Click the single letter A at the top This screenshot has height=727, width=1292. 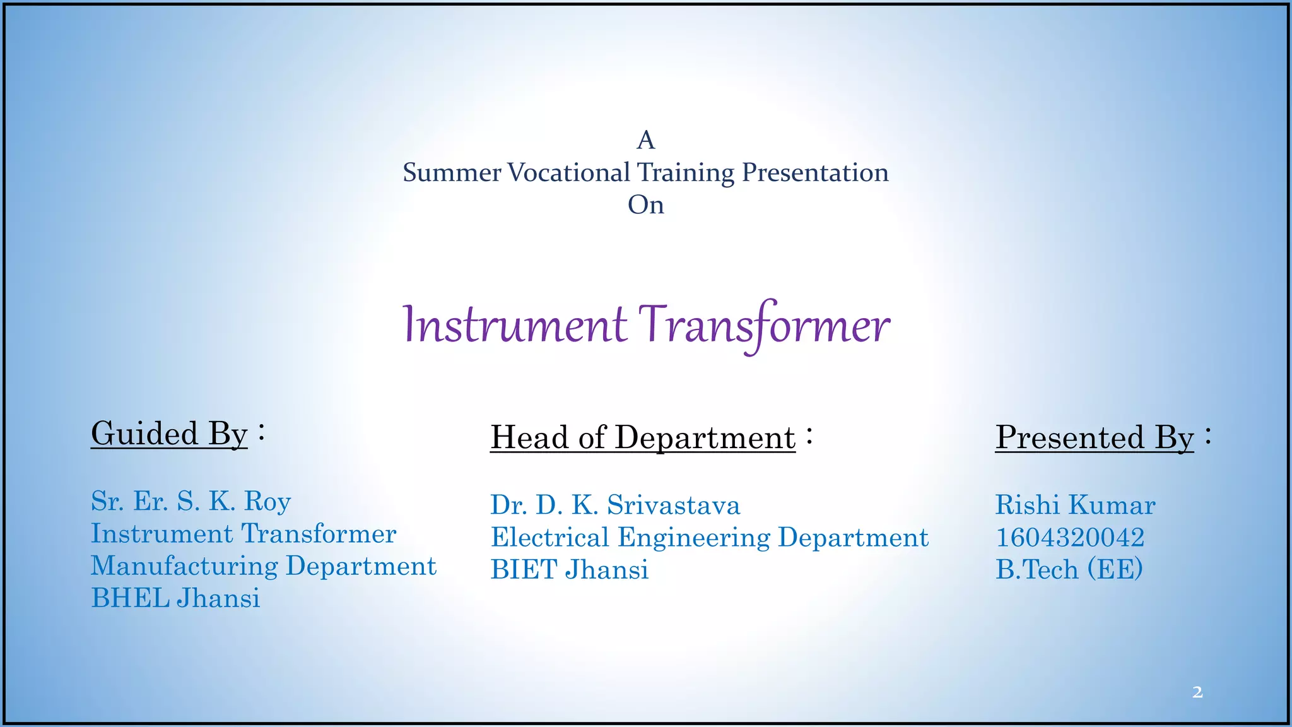pos(645,140)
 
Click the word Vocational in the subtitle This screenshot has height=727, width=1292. pos(568,173)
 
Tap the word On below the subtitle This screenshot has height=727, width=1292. pos(645,205)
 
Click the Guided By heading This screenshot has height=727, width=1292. pos(169,434)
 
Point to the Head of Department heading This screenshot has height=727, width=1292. pos(643,438)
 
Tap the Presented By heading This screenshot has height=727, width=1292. pos(1095,438)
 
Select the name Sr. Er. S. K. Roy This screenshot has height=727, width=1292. pos(191,502)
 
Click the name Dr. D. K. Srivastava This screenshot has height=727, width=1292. pos(615,505)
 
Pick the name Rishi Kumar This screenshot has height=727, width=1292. pos(1075,505)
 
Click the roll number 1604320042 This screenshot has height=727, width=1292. pos(1070,538)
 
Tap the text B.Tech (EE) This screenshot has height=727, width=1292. pos(1069,570)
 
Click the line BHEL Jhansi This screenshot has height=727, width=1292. pos(175,598)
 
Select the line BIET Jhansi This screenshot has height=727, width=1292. pos(569,570)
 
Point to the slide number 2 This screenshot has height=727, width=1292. pos(1197,692)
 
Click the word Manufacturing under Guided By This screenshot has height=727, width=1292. pos(184,567)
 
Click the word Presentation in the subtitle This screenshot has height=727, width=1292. pos(815,173)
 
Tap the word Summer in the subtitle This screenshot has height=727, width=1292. pos(452,173)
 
